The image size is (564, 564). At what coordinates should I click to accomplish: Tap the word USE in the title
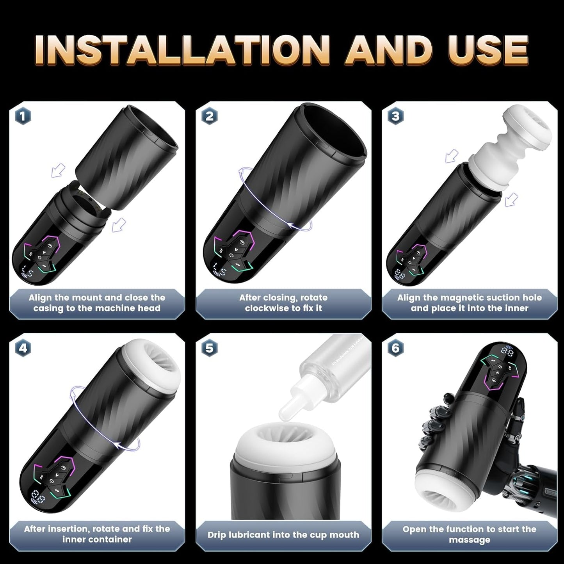478,50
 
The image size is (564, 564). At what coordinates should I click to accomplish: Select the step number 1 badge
23,116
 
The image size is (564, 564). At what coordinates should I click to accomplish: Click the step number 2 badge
210,116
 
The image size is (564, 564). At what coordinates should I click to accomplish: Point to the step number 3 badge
395,116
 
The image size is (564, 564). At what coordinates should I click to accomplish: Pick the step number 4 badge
23,348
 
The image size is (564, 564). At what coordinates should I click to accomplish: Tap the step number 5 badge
210,348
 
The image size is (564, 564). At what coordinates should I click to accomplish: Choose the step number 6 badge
395,348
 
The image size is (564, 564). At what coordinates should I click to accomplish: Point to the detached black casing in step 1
125,156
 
